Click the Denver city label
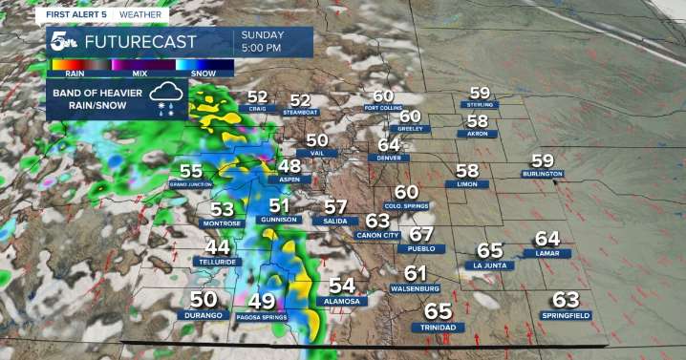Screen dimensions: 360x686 387,158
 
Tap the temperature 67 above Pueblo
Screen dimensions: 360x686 421,234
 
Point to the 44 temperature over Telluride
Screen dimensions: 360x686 217,246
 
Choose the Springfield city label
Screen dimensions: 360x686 566,315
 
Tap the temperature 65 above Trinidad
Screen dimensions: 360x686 438,311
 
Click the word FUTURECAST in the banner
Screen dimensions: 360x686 139,43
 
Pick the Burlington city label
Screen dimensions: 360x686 542,174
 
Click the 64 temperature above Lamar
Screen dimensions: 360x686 547,239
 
